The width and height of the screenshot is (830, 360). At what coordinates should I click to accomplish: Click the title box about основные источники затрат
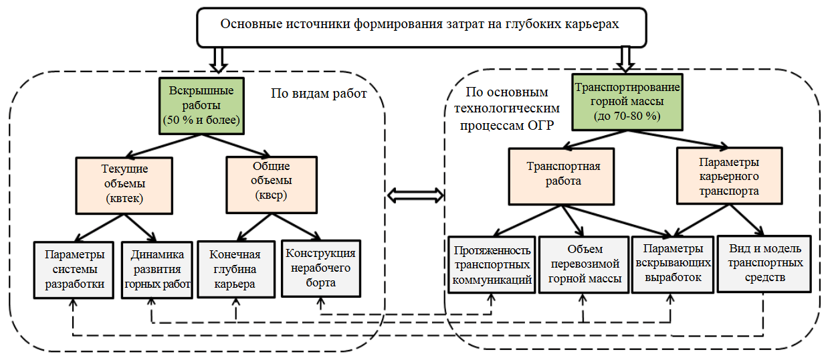pyautogui.click(x=420, y=27)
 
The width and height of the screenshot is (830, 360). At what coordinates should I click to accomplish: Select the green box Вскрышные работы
pyautogui.click(x=200, y=106)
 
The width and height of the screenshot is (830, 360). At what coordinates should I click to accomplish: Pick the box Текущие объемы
pyautogui.click(x=125, y=184)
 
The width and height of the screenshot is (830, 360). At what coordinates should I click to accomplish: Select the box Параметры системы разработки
pyautogui.click(x=75, y=269)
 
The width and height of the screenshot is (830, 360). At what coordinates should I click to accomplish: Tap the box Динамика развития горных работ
pyautogui.click(x=158, y=269)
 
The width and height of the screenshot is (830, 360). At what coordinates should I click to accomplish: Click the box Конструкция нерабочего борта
pyautogui.click(x=320, y=268)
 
